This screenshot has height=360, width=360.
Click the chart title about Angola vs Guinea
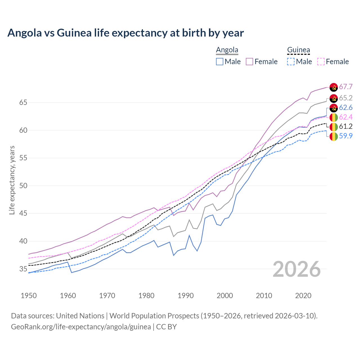pos(125,33)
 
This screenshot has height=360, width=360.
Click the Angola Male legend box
pos(220,62)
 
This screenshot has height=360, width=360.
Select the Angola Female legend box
pos(249,62)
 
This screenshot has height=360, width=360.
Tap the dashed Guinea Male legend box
pos(291,62)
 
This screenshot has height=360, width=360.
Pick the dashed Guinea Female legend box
pos(321,62)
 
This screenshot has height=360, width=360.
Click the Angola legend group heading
pos(227,50)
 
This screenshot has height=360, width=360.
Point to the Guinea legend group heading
pos(298,50)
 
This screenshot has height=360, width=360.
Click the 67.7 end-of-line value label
pos(346,87)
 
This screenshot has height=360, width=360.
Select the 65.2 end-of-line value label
pos(346,98)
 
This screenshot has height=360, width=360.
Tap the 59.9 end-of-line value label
pos(346,136)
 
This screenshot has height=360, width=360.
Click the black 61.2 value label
pos(346,127)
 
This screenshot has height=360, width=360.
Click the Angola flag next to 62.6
pos(334,108)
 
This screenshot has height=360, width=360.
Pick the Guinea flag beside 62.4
pos(334,117)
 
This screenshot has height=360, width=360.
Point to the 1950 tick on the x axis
pos(29,296)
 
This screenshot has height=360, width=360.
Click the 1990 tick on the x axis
pos(186,296)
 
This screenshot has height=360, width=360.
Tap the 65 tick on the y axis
pos(23,103)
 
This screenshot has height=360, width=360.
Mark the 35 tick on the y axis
pos(23,269)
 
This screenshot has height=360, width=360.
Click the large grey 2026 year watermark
pos(297,269)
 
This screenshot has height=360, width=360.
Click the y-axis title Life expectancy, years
pos(12,180)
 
